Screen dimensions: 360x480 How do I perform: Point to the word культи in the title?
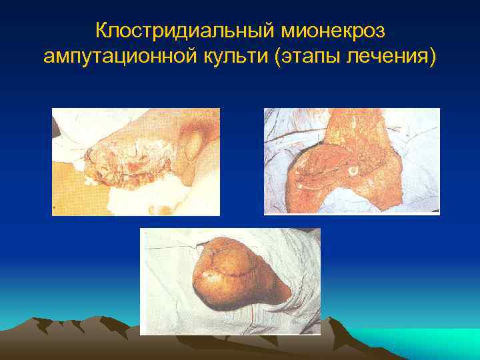pos(230,57)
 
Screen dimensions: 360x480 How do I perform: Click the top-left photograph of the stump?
pos(136,162)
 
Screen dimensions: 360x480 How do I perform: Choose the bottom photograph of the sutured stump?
pos(230,281)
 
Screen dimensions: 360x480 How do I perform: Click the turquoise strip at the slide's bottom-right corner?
pos(427,343)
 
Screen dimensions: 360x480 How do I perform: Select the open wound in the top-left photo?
pos(127,160)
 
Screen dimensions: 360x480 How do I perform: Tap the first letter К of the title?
pos(101,31)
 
